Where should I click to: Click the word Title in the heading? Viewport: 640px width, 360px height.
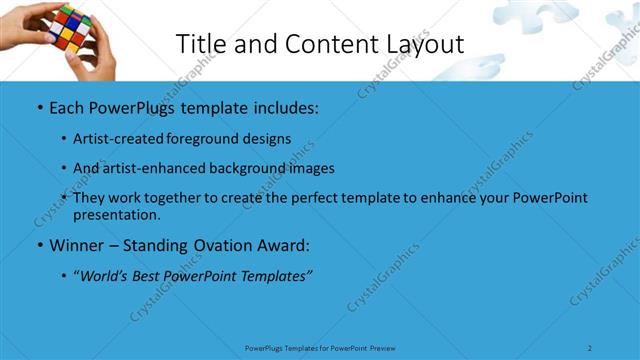pyautogui.click(x=201, y=44)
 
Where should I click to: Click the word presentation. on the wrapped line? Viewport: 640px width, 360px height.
pyautogui.click(x=116, y=214)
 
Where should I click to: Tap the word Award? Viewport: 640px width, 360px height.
pyautogui.click(x=290, y=245)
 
